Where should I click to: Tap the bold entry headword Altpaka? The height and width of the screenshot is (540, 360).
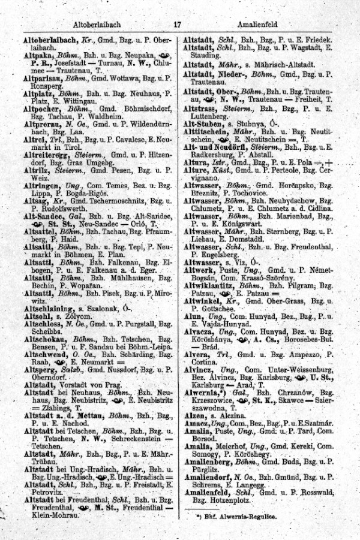tap(36, 53)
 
